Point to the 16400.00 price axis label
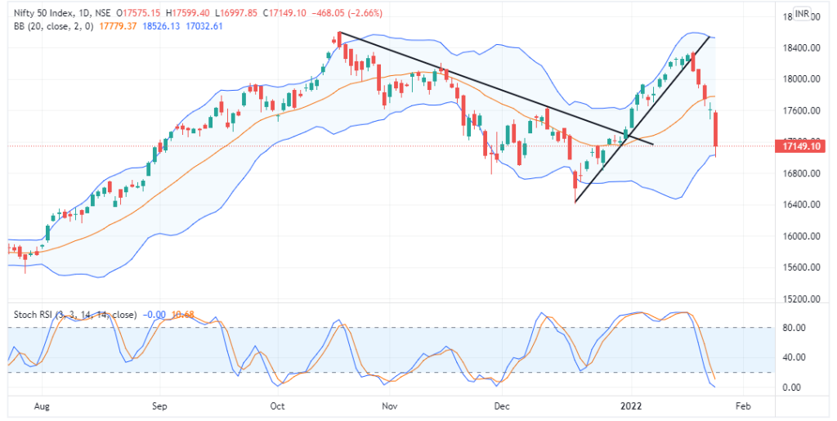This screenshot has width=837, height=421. (x=797, y=205)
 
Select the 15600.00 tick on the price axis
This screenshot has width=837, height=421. (x=797, y=268)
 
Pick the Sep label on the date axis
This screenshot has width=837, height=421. (x=159, y=405)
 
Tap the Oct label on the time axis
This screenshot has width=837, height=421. (x=278, y=405)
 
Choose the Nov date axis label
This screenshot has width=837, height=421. (x=389, y=405)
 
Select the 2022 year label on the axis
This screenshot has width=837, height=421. (x=630, y=405)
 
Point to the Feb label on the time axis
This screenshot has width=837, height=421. (x=743, y=405)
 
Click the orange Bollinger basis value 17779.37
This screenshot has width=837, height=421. (x=117, y=26)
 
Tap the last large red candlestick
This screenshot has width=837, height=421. (x=716, y=129)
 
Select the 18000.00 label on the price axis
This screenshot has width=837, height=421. (x=797, y=79)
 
